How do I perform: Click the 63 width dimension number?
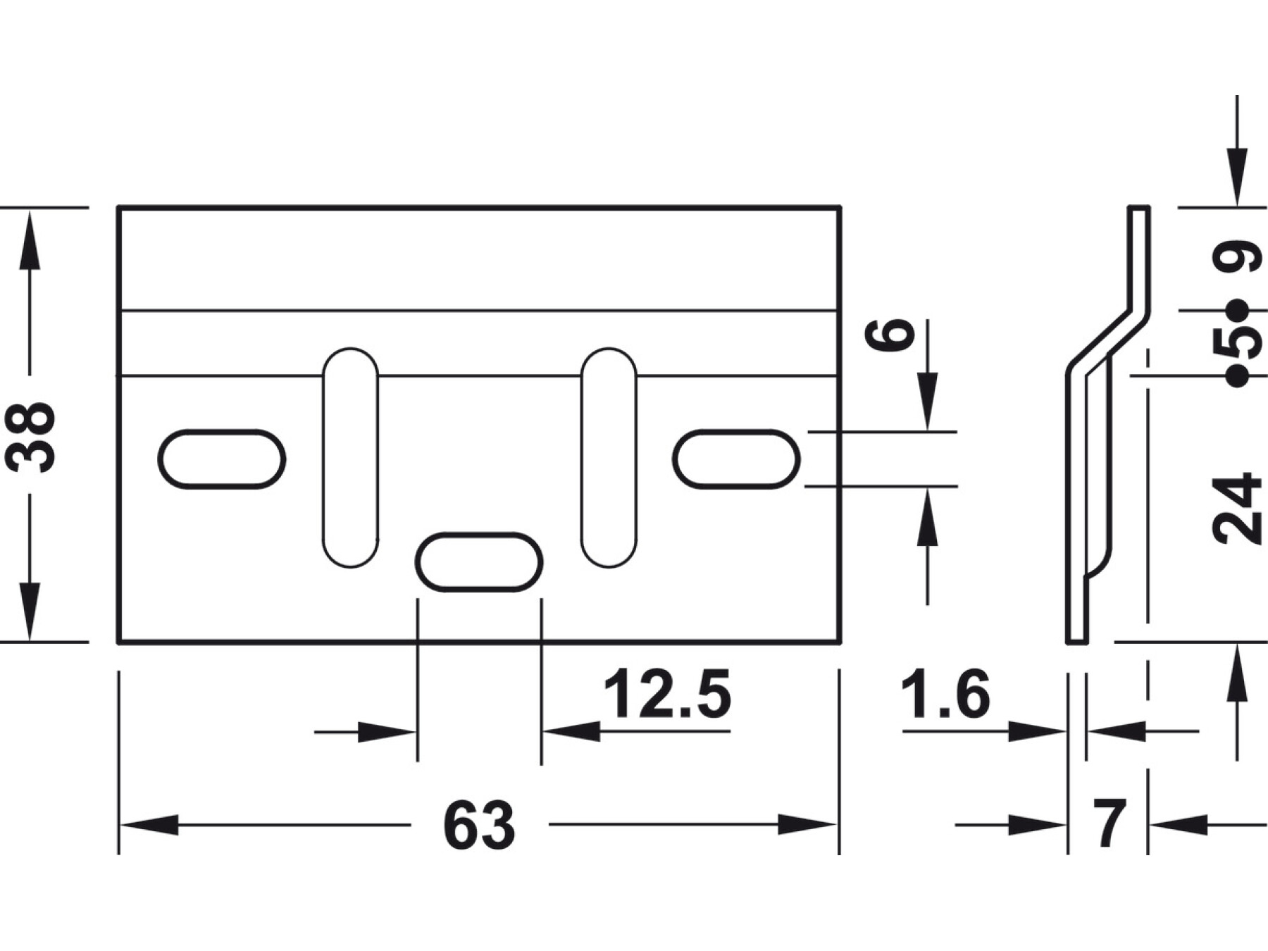coord(479,825)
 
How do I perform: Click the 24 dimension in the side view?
coord(1238,508)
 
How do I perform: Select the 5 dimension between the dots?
coord(1238,343)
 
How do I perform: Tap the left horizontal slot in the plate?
coord(222,459)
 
